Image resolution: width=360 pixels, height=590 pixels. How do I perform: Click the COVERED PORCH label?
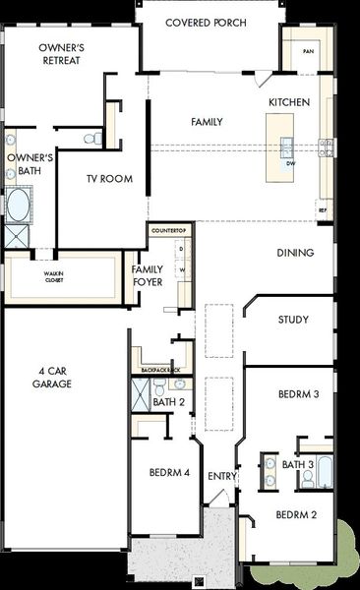pyautogui.click(x=206, y=23)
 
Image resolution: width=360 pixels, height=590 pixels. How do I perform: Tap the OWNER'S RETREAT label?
pyautogui.click(x=59, y=53)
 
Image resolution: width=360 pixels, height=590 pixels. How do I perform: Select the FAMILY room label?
pyautogui.click(x=206, y=122)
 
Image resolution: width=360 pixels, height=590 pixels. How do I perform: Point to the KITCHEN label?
pyautogui.click(x=289, y=102)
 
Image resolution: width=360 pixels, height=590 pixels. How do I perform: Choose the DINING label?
pyautogui.click(x=294, y=253)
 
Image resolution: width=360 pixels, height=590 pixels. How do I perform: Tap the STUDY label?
pyautogui.click(x=293, y=320)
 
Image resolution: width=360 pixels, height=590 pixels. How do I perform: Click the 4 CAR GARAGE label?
pyautogui.click(x=54, y=378)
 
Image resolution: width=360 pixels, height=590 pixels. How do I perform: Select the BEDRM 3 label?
pyautogui.click(x=298, y=394)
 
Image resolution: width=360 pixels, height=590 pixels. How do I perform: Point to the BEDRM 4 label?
pyautogui.click(x=169, y=473)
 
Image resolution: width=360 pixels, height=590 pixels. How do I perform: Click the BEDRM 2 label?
pyautogui.click(x=295, y=514)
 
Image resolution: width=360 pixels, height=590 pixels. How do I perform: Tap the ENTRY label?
pyautogui.click(x=221, y=477)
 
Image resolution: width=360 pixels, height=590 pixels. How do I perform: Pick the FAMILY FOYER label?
pyautogui.click(x=148, y=276)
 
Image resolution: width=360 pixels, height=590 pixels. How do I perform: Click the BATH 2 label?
pyautogui.click(x=169, y=402)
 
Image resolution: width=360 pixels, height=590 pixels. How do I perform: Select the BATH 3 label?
pyautogui.click(x=297, y=464)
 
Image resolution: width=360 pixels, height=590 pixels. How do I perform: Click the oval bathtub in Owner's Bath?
pyautogui.click(x=18, y=206)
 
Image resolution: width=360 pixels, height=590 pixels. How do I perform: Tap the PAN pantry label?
pyautogui.click(x=308, y=51)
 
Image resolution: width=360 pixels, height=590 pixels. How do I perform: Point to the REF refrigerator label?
pyautogui.click(x=321, y=209)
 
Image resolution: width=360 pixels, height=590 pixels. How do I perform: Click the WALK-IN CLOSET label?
pyautogui.click(x=53, y=276)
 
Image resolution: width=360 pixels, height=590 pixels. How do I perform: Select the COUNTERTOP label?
pyautogui.click(x=169, y=230)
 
